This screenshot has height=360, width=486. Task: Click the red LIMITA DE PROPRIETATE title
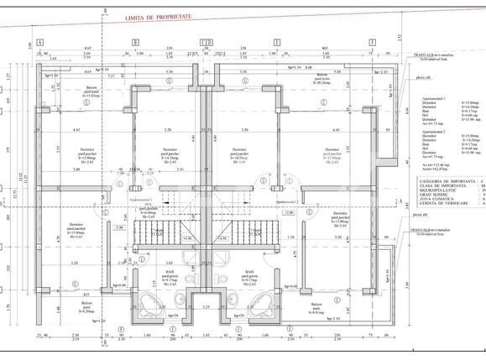coord(171,17)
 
